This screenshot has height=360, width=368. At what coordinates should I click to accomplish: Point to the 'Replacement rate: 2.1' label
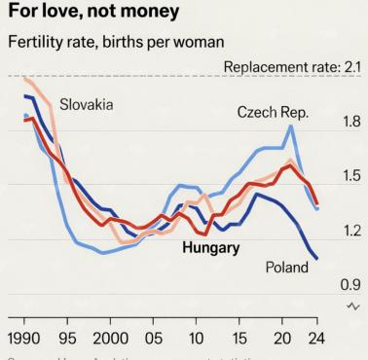click(x=291, y=65)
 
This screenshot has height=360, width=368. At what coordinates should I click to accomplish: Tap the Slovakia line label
click(x=86, y=104)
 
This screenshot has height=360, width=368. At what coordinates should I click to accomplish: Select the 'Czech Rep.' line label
click(x=273, y=114)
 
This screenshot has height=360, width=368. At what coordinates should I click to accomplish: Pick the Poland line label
click(x=287, y=268)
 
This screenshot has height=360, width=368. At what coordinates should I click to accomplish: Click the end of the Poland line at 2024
click(x=316, y=258)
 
